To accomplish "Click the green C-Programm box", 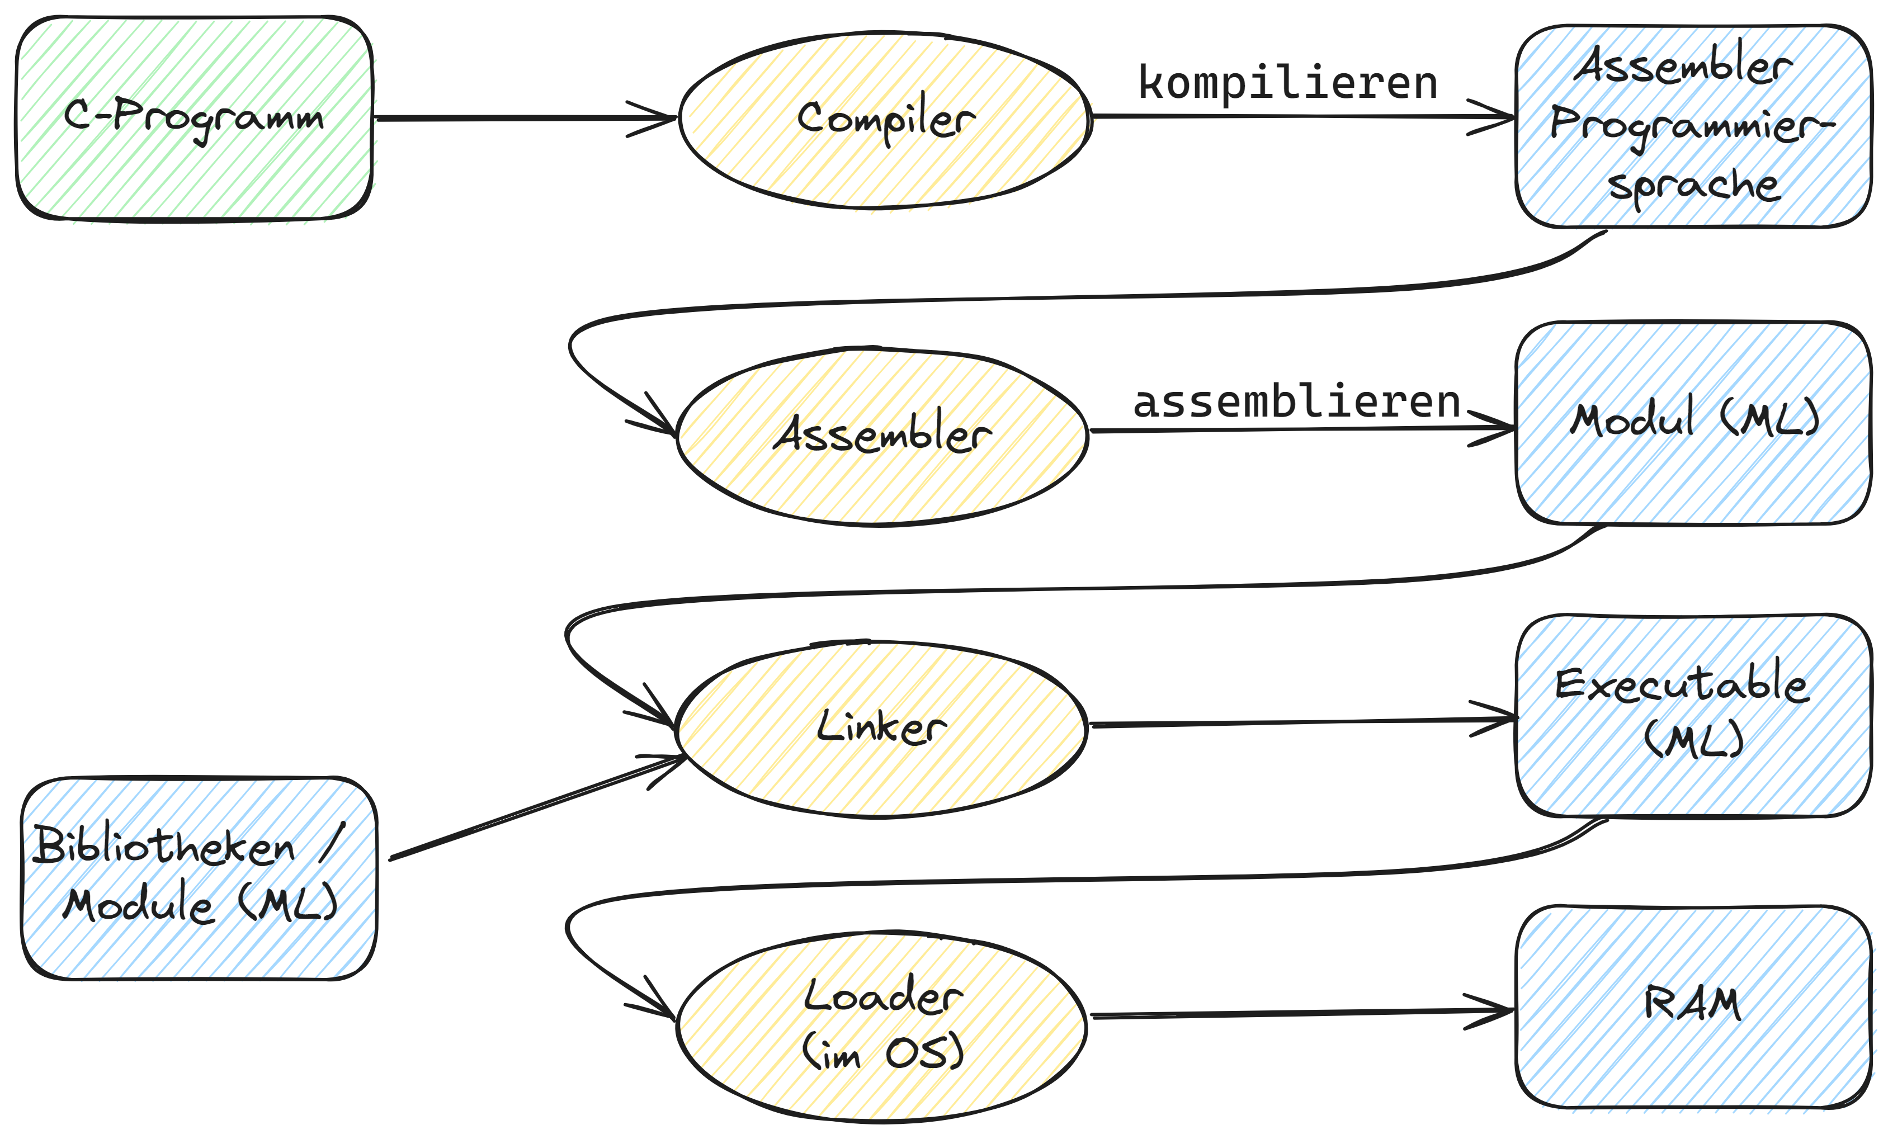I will coord(194,119).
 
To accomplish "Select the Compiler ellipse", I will coord(885,120).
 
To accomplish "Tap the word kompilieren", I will coord(1287,83).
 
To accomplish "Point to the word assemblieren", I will coord(1296,402).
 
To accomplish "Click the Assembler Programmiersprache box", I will coord(1693,126).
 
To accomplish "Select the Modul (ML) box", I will coord(1693,423).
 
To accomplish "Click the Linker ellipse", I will coord(881,729).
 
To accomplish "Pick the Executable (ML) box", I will coord(1693,715).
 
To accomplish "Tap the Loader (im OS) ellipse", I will coord(881,1027).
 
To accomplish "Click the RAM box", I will coord(1693,1006).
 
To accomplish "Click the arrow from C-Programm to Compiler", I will coord(521,119).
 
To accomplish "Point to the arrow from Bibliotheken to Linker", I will coord(536,808).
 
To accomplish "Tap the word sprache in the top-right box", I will coord(1693,186).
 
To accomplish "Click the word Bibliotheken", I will coord(165,847).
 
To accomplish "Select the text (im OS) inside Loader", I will coord(882,1052).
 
